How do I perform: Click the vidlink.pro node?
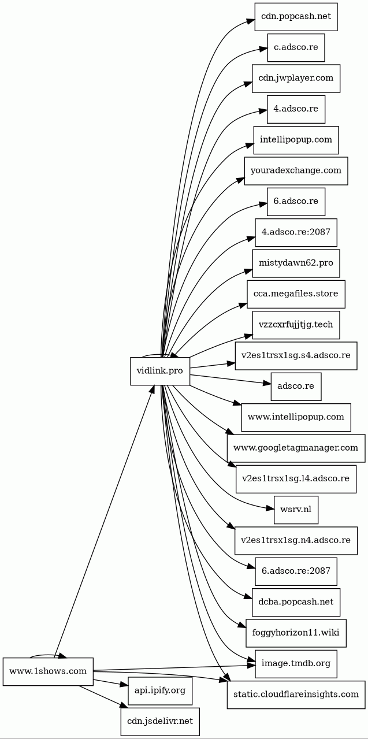tap(160, 371)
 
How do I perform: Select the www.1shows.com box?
tap(48, 671)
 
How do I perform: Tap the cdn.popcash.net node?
tap(296, 17)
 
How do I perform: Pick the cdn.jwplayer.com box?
tap(296, 79)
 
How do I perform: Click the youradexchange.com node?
tap(296, 171)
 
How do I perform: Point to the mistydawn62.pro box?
tap(296, 263)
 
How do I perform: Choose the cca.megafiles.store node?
tap(296, 294)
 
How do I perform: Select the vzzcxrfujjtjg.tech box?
tap(296, 325)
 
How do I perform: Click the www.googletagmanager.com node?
tap(296, 448)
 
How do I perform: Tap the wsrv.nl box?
tap(296, 510)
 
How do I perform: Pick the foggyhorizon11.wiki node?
tap(296, 633)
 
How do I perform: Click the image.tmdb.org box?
tap(296, 664)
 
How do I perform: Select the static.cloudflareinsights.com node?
tap(296, 695)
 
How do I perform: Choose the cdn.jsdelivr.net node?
tap(160, 722)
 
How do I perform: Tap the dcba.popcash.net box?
tap(296, 602)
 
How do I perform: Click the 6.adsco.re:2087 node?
tap(296, 571)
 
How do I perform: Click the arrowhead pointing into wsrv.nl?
tap(270, 508)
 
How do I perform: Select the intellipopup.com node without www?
tap(296, 140)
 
